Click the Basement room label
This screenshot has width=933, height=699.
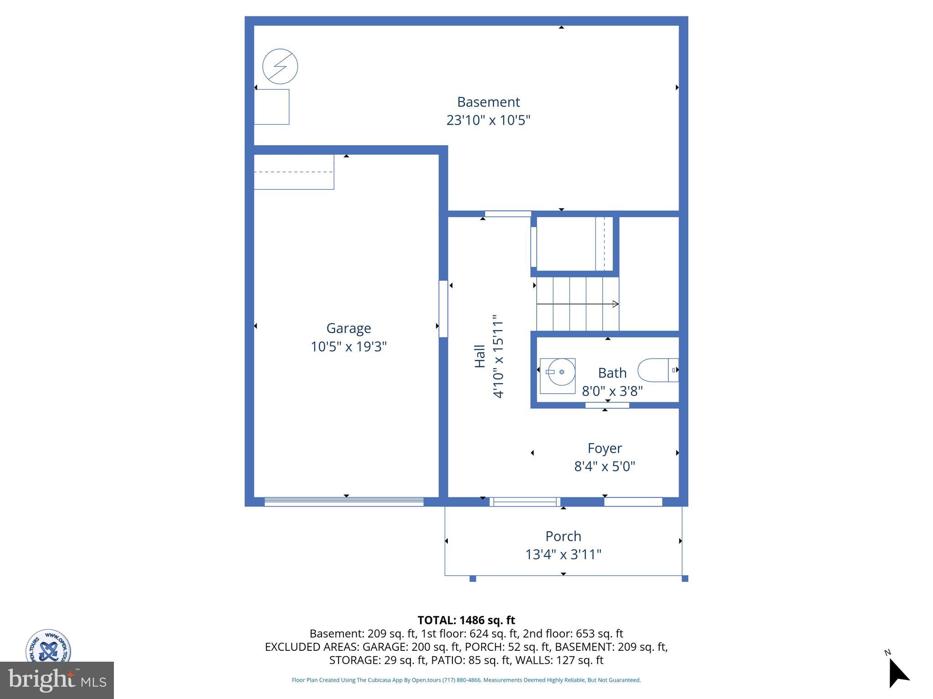coord(488,102)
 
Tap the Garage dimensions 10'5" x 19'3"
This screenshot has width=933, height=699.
coord(349,347)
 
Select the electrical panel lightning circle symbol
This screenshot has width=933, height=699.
coord(280,66)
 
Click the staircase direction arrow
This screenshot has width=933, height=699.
coord(578,304)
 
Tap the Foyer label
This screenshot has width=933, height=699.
coord(605,448)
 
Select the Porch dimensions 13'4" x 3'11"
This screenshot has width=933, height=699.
coord(563,555)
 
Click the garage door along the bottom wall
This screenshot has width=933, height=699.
coord(344,501)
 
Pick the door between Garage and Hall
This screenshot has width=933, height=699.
coord(443,309)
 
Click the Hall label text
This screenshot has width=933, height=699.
coord(480,356)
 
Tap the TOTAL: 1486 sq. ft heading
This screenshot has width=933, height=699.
coord(466,620)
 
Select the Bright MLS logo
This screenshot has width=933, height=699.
coord(57,680)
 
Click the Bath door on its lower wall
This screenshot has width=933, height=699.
coord(607,405)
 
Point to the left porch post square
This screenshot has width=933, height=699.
coord(473,579)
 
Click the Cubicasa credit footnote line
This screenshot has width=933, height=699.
coord(466,680)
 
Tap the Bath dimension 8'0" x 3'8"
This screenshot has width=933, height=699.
coord(612,391)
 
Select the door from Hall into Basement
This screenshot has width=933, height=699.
coord(508,214)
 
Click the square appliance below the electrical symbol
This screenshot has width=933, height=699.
coord(272,107)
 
